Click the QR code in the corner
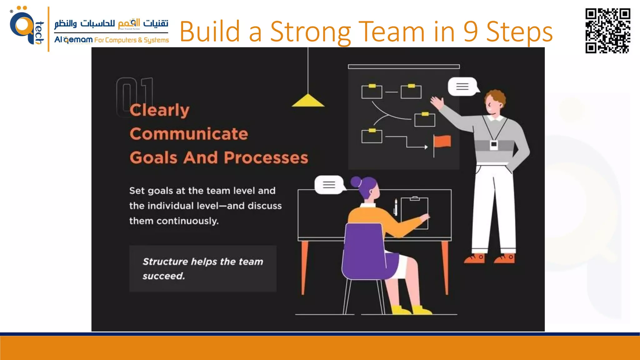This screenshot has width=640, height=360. pos(607,31)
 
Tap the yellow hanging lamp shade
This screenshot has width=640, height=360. pos(308,101)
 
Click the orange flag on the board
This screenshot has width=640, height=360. pos(442,141)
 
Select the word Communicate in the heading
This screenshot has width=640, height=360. pos(189,134)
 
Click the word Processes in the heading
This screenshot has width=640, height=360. pos(266,157)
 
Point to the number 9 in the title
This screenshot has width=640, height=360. pos(470,32)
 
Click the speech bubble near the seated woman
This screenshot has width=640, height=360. pos(329,185)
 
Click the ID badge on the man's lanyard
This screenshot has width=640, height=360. pos(494,145)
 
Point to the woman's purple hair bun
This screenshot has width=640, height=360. pos(356,182)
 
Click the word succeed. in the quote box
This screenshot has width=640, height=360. pos(164,276)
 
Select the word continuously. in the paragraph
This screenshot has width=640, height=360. pos(187,221)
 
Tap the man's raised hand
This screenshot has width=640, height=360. pos(437,102)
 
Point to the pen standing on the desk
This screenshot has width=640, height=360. pos(396,207)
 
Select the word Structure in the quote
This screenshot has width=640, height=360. pos(165,262)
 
